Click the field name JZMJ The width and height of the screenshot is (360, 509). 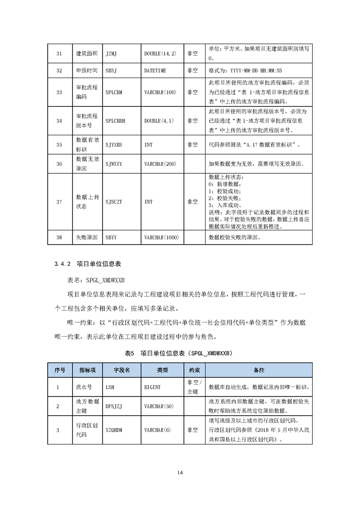click(x=111, y=54)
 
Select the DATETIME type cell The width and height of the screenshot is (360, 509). click(x=155, y=71)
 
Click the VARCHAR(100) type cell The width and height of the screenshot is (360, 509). click(x=160, y=92)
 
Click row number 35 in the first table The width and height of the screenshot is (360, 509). click(x=59, y=145)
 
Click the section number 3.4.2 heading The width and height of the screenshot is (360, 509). click(x=60, y=264)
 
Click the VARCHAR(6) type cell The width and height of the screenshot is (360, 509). click(x=158, y=430)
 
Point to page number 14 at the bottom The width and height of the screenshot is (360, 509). click(x=180, y=473)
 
